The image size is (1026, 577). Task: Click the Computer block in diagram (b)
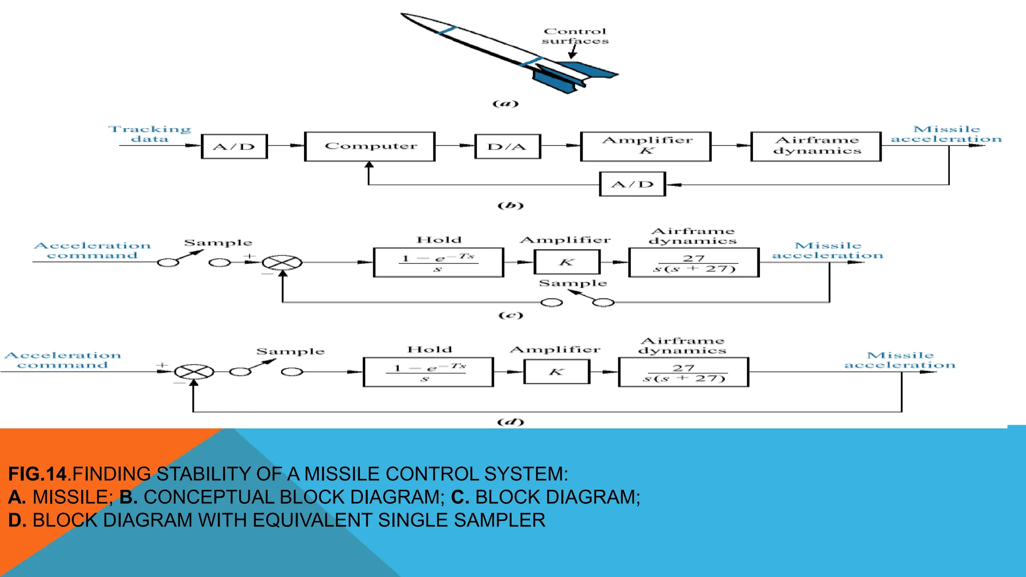(x=370, y=146)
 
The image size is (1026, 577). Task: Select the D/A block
(x=507, y=146)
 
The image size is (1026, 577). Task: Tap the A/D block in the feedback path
(x=632, y=184)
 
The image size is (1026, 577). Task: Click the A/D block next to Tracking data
(x=234, y=146)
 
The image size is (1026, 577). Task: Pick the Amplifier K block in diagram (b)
(x=645, y=146)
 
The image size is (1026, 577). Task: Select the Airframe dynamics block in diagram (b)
(x=816, y=146)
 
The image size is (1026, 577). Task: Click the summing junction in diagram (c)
(x=283, y=262)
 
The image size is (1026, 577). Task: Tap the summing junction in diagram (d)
(x=194, y=372)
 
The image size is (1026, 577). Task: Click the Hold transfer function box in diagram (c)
(x=438, y=262)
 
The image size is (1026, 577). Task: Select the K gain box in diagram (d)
(x=557, y=372)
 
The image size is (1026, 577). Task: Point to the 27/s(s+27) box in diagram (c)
(x=694, y=262)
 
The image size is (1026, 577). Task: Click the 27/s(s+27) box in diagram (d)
(x=683, y=372)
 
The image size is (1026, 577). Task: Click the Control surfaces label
(x=575, y=36)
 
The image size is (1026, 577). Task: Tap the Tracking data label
(x=149, y=134)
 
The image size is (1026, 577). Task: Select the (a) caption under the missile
(x=505, y=104)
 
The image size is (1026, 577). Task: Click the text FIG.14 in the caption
(x=37, y=474)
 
